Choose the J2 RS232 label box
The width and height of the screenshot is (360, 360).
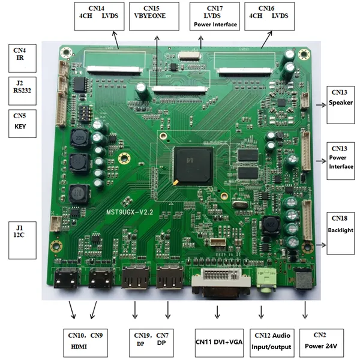click(22, 89)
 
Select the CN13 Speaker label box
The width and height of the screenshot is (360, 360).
click(340, 104)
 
